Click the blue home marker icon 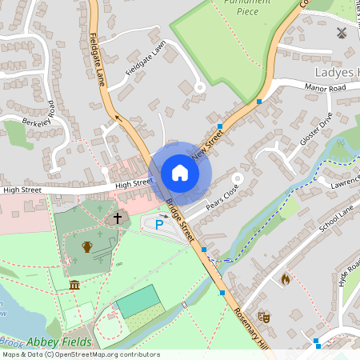180,173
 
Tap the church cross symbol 117,217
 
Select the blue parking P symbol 158,226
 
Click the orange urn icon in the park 87,246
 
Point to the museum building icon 74,286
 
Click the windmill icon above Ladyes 339,34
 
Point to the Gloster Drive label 314,130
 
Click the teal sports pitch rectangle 138,302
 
